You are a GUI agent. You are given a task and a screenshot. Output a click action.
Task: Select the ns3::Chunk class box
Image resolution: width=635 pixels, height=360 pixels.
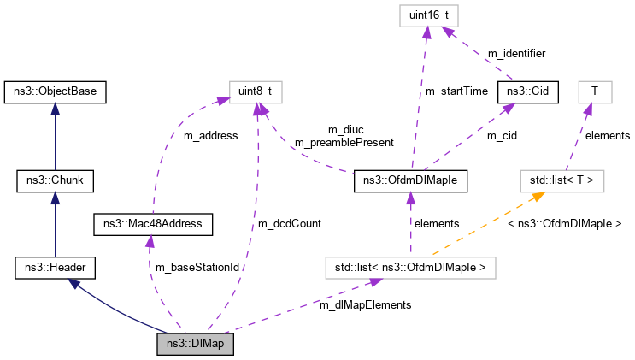pos(54,180)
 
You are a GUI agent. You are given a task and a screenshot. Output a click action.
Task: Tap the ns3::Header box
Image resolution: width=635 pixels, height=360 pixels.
pos(55,269)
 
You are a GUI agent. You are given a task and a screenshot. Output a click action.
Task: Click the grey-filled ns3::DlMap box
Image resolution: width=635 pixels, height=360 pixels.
pos(195,345)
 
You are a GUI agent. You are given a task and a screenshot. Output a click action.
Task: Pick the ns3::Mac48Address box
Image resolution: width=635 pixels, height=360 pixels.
pos(153,225)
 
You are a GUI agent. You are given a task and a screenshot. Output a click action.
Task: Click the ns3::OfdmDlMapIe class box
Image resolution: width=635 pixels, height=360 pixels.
pos(409,180)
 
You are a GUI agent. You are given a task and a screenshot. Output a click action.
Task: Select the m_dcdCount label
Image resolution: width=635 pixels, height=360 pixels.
pos(291,224)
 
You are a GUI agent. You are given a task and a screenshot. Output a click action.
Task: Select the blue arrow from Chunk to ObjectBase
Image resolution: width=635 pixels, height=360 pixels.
pos(54,137)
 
